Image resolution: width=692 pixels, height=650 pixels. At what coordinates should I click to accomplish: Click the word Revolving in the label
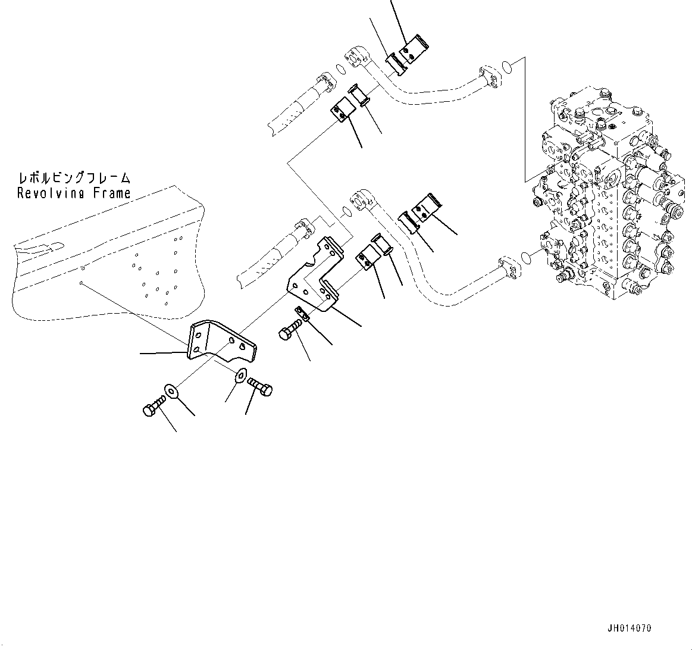coord(52,193)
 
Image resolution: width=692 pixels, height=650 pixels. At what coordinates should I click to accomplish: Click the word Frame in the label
coord(112,193)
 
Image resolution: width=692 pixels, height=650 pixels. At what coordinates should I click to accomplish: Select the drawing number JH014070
coord(630,628)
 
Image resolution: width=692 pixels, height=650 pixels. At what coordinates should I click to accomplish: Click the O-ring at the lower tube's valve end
coord(526,257)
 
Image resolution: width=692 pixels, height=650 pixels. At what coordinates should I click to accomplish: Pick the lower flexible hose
coord(271,256)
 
